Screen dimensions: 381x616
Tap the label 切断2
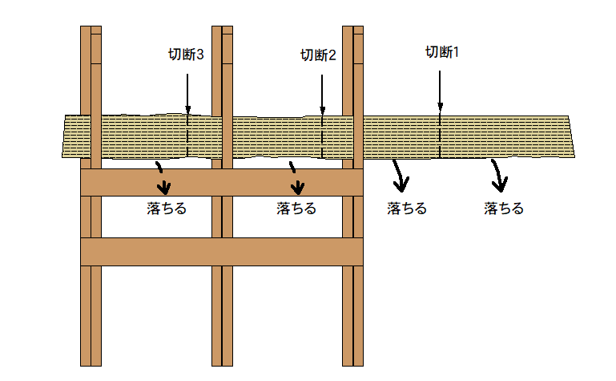(x=318, y=55)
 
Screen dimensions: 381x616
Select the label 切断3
(x=186, y=55)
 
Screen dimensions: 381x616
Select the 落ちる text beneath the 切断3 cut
(x=167, y=209)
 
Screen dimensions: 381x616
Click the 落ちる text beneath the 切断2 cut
(x=296, y=209)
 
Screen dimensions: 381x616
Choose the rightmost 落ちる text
(x=504, y=209)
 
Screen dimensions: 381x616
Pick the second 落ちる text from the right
(x=406, y=209)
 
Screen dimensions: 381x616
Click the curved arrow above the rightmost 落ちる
(x=500, y=176)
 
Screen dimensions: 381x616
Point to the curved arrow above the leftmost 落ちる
(x=163, y=179)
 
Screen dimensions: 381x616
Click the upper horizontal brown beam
(x=222, y=182)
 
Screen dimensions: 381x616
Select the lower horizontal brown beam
(x=222, y=251)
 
